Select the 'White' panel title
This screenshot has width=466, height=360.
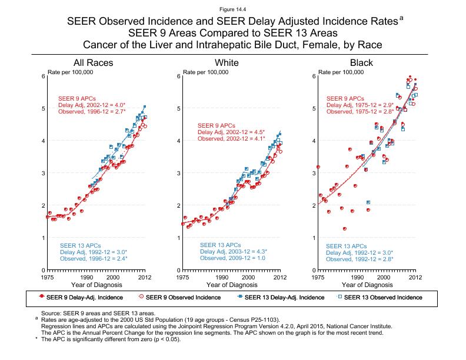[x=227, y=63]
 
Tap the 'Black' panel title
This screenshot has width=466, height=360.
[x=361, y=63]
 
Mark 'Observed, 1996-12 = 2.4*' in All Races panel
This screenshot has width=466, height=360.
[x=94, y=258]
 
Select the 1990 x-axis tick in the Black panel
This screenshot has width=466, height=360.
[x=357, y=276]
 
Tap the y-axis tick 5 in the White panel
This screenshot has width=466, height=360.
[x=178, y=108]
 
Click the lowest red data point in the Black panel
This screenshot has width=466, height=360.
[x=345, y=229]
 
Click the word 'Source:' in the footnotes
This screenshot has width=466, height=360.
[x=50, y=313]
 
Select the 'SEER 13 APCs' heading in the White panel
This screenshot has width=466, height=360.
[x=220, y=245]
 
